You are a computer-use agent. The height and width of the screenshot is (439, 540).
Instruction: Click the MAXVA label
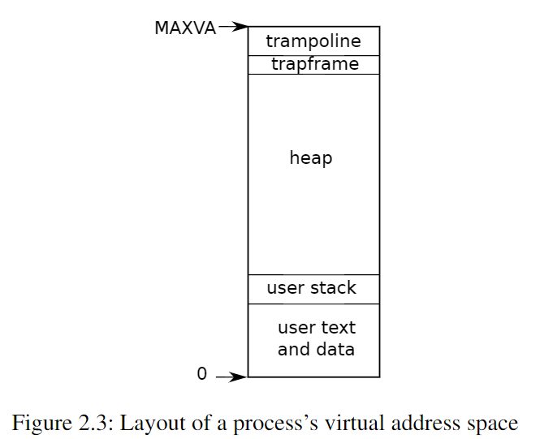pos(185,28)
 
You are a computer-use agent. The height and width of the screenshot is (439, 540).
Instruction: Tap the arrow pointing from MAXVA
pos(233,27)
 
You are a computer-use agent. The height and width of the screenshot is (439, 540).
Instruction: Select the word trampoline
pos(313,42)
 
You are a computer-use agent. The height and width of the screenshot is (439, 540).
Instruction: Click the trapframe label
pos(315,64)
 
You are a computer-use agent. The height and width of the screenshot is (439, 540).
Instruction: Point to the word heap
pos(311,158)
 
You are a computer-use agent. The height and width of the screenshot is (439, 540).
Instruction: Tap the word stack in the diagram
pos(333,287)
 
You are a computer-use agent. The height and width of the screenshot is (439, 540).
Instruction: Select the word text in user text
pos(338,328)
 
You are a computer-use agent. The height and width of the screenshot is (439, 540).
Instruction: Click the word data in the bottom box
pos(335,349)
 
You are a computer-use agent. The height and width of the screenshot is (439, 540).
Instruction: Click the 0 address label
pos(202,373)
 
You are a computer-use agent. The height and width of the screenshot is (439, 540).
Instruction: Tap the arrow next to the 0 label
pos(231,377)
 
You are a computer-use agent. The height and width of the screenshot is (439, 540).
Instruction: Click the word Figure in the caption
pos(42,423)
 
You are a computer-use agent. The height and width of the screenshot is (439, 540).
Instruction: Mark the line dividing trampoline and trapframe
pos(313,55)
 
